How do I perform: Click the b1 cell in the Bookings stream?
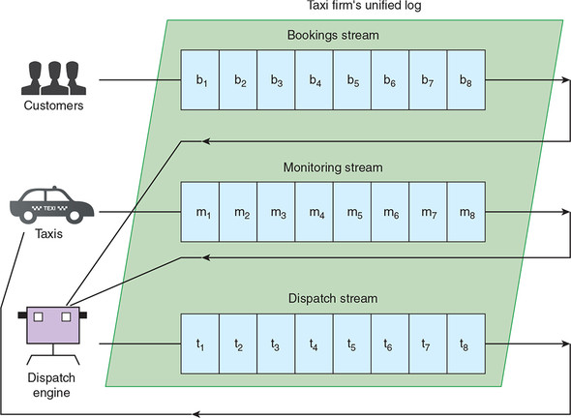(x=200, y=79)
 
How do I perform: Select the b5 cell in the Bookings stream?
(x=352, y=79)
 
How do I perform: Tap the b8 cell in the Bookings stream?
(x=466, y=79)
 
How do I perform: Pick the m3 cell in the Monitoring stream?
(x=276, y=212)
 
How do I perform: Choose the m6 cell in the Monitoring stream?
(x=390, y=212)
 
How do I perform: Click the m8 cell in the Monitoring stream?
(x=466, y=212)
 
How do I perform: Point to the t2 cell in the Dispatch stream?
(x=238, y=343)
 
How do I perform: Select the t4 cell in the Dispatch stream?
(x=315, y=343)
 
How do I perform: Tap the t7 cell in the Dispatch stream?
(x=428, y=343)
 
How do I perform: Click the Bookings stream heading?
(x=333, y=36)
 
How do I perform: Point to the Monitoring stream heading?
(x=333, y=167)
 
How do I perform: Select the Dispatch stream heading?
(x=333, y=299)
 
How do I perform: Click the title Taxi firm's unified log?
(x=364, y=6)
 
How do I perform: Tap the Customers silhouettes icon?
(x=54, y=78)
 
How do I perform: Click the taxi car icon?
(x=51, y=204)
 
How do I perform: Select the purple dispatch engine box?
(x=53, y=325)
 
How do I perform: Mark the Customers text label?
(x=53, y=105)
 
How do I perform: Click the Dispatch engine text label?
(x=51, y=385)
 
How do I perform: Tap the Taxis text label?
(x=48, y=234)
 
